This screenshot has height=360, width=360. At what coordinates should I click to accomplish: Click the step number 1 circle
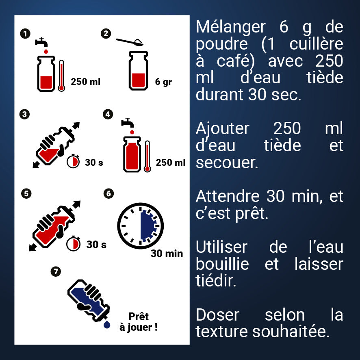coord(26,34)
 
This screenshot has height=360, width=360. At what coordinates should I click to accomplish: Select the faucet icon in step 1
coord(42,42)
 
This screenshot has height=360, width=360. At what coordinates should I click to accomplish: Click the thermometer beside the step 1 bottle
coord(61,76)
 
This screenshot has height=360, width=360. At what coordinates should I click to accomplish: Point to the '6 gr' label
coord(163,82)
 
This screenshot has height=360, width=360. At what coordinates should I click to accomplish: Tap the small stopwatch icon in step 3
coord(73,161)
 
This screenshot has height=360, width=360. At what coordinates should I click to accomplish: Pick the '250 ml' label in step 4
coord(170,163)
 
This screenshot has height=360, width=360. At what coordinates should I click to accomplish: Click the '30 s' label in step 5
coord(96,245)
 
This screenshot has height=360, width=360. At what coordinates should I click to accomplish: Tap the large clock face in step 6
coord(140,226)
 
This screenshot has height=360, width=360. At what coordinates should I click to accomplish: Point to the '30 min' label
coord(167,254)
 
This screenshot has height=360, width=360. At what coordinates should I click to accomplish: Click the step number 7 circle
coord(55,271)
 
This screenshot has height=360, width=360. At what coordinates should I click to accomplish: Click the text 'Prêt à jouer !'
coord(138,321)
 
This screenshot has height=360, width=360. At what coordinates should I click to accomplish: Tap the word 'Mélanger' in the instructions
coord(230,28)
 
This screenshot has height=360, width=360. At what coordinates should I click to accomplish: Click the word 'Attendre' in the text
coord(227,196)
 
